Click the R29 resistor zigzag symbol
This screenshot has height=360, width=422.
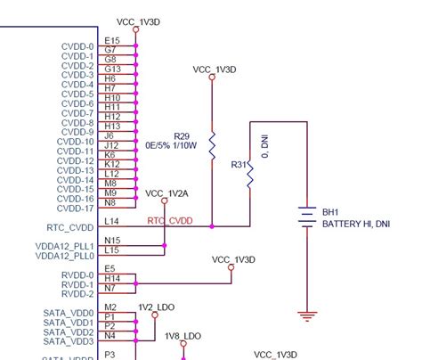[212, 145]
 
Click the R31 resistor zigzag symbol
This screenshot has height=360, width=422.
[251, 173]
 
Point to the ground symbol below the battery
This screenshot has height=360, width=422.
[307, 315]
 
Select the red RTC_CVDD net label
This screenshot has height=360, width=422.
[169, 221]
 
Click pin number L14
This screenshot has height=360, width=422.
[112, 221]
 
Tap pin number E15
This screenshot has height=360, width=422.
[112, 40]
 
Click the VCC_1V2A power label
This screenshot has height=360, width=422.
[166, 192]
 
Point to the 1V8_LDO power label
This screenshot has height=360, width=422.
[183, 336]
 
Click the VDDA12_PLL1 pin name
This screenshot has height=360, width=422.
[65, 246]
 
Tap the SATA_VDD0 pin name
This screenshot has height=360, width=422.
[68, 313]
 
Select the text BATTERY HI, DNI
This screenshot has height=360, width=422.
[356, 224]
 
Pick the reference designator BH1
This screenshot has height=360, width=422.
[331, 213]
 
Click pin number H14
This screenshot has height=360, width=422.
[111, 279]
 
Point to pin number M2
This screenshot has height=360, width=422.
[110, 307]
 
